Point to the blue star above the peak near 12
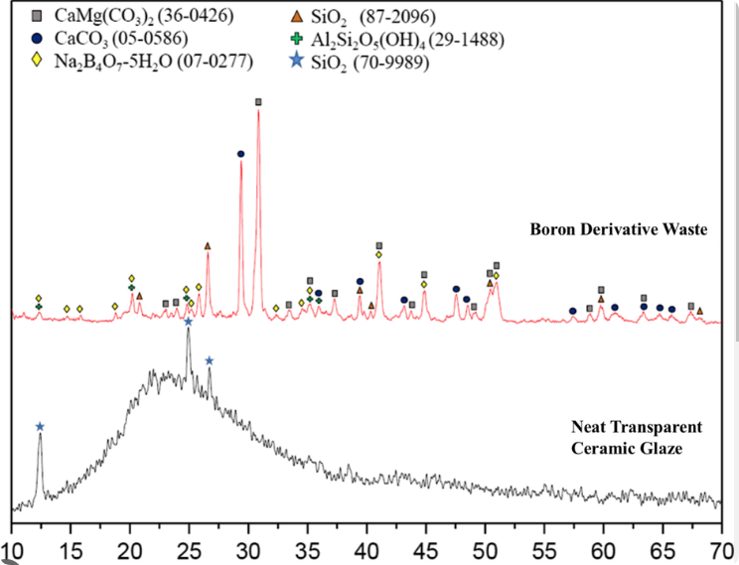(x=40, y=427)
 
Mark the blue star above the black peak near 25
(x=188, y=322)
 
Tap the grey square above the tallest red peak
(x=258, y=102)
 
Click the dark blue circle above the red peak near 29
(x=240, y=154)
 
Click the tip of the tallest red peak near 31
(x=258, y=111)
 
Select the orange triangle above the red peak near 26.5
(x=207, y=246)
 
